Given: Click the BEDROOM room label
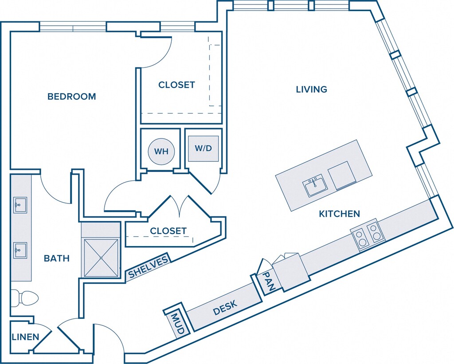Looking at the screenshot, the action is [71, 96].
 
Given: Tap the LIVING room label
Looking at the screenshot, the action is [312, 89].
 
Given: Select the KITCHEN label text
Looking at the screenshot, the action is [339, 214].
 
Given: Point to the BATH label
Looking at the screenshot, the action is [57, 258].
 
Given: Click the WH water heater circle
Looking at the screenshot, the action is [161, 152].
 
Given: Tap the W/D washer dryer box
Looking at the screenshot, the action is [203, 149].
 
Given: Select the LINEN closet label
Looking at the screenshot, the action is [25, 337].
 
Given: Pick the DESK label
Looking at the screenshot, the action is [225, 308].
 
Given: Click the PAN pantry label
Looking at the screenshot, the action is [268, 281].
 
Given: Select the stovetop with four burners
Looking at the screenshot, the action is [368, 235].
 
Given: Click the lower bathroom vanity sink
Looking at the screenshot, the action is [20, 250].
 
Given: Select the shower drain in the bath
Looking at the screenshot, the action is [101, 258].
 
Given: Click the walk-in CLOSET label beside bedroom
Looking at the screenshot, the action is [176, 85].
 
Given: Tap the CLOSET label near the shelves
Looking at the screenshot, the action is [168, 231].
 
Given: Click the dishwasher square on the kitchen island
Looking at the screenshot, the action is [342, 176].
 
